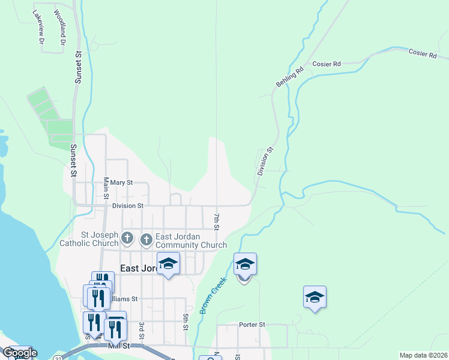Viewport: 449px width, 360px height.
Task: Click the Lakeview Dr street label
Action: click(38, 28)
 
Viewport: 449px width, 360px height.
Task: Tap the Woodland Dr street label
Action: click(59, 28)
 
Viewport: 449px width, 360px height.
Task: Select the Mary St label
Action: click(121, 182)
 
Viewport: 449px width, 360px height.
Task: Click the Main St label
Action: click(106, 188)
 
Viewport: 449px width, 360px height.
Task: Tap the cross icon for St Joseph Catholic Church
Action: click(127, 239)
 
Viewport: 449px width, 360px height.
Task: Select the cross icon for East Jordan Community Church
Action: click(146, 240)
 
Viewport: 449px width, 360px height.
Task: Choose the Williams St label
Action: click(124, 298)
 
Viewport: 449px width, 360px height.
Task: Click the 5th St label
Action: click(185, 319)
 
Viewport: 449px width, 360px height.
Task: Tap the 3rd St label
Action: click(142, 329)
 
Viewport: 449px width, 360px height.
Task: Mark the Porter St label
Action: click(252, 325)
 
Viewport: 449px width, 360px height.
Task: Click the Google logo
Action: click(19, 353)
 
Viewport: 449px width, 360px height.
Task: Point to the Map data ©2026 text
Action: click(423, 355)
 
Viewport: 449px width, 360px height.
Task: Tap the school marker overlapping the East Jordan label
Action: click(169, 263)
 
